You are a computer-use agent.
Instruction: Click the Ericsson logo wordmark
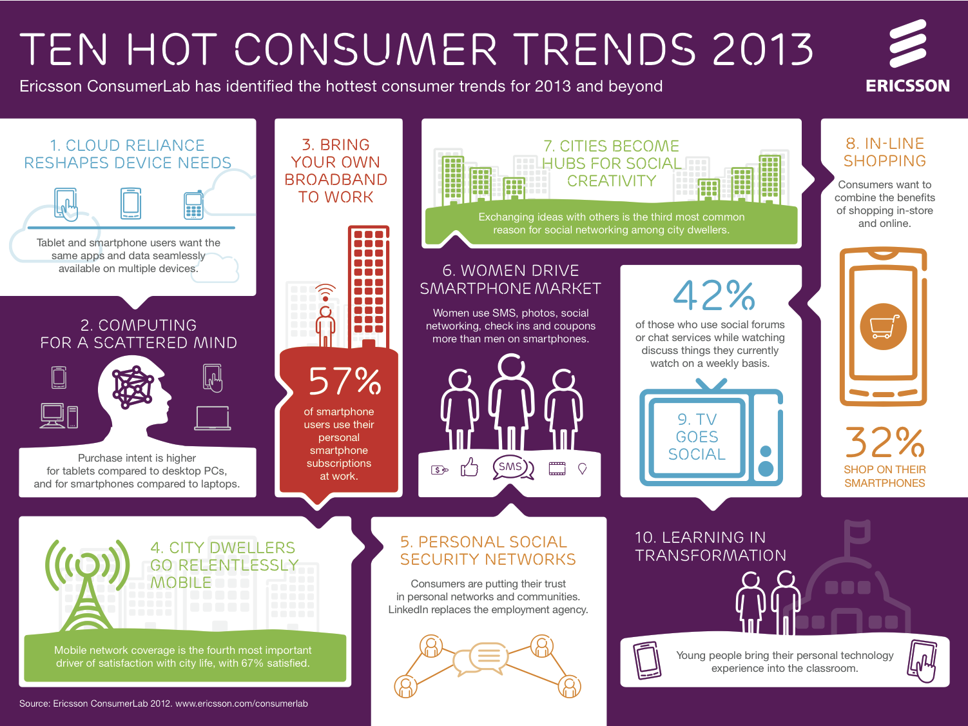click(907, 86)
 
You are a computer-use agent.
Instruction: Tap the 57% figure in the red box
click(345, 380)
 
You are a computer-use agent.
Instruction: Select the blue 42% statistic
click(713, 295)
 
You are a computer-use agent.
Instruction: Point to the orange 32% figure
click(884, 442)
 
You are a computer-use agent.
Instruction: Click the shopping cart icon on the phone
click(884, 326)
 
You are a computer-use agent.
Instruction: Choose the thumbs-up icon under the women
click(469, 467)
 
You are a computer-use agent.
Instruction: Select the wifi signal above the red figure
click(325, 291)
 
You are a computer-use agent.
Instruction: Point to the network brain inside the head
click(133, 387)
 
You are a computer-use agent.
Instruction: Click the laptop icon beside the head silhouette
click(213, 418)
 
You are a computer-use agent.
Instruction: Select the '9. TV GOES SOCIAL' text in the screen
click(697, 437)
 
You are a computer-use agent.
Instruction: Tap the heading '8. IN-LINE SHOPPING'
click(884, 152)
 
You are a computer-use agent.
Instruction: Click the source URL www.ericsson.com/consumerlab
click(242, 703)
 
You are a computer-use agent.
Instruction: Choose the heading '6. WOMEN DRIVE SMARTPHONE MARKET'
click(510, 279)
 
